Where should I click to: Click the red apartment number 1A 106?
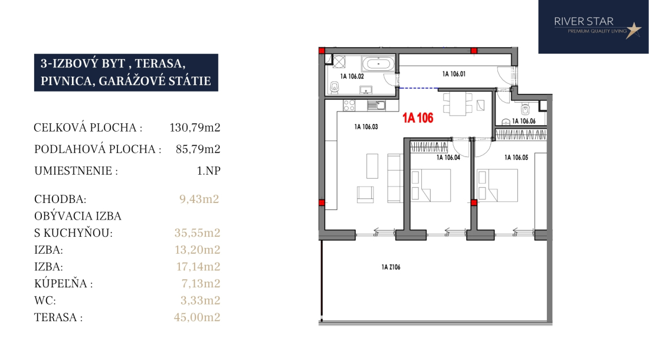coord(418,118)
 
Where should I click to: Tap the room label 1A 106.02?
coord(352,76)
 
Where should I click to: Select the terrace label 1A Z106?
coord(391,267)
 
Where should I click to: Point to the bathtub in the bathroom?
coord(378,64)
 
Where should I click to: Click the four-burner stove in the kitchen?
coord(349,105)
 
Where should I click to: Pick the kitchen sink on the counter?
coord(376,106)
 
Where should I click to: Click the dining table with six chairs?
coord(457,104)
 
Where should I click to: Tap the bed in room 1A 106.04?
coord(431,185)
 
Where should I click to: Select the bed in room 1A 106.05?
coord(497,185)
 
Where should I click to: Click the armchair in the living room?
coord(365,195)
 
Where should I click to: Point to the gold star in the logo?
coord(633,30)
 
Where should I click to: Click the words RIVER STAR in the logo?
coord(584,21)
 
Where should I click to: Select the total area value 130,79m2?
coord(195,127)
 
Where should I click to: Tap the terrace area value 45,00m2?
coord(197,318)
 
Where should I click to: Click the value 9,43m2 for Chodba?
coord(199,199)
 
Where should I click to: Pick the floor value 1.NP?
coord(209,171)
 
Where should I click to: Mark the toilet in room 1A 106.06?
coord(525,109)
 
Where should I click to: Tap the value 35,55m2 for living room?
coord(198,233)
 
